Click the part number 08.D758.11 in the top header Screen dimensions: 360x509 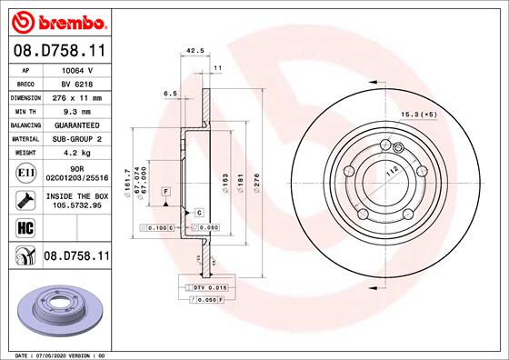[x=58, y=54]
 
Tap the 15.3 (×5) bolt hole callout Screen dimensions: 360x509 [x=419, y=115]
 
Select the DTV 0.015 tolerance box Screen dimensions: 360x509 [x=202, y=287]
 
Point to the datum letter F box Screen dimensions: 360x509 [x=167, y=191]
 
